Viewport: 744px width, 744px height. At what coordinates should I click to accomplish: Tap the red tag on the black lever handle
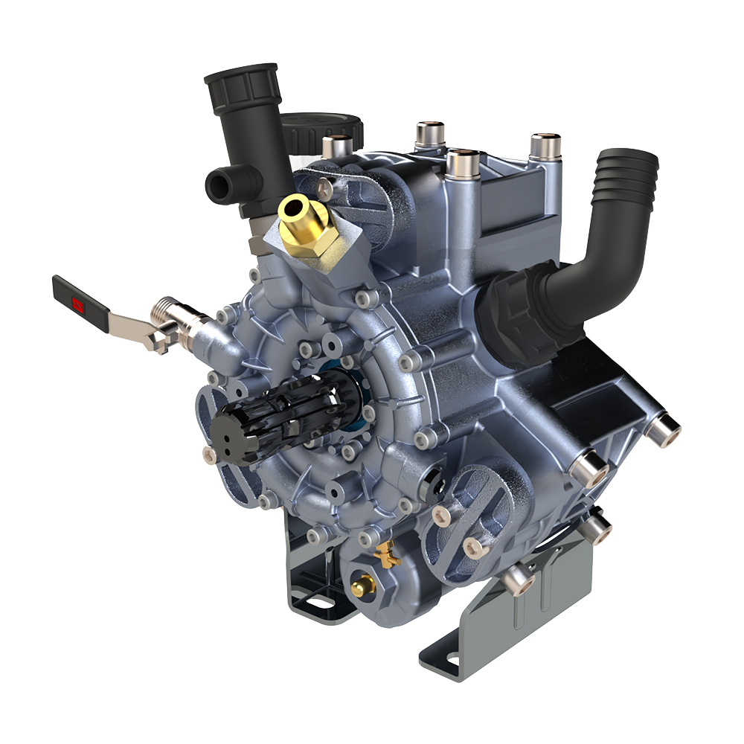[77, 303]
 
